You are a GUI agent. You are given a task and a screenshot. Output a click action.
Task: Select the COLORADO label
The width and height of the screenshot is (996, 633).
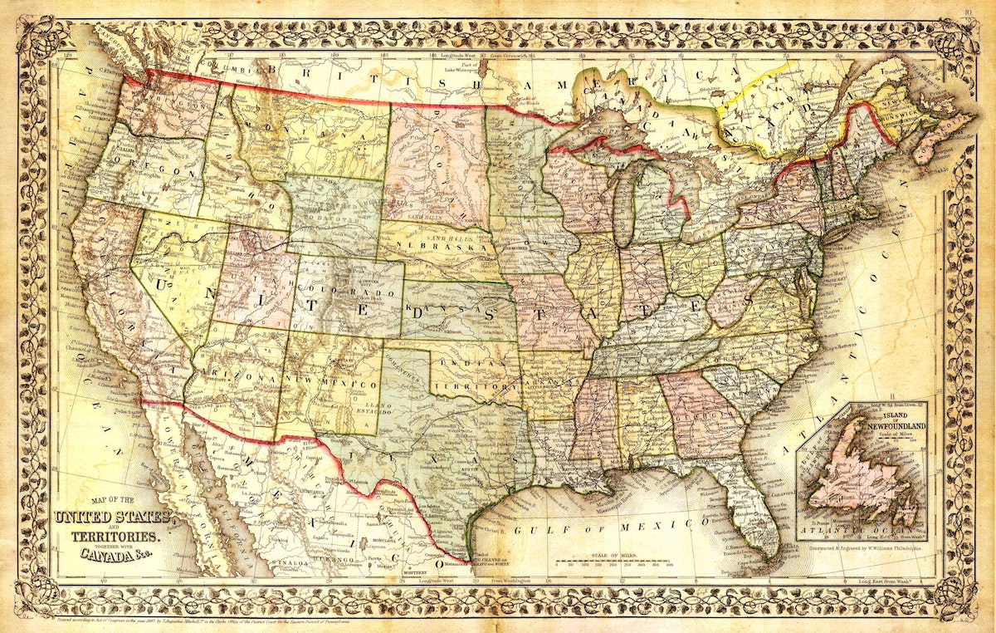click(356, 294)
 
